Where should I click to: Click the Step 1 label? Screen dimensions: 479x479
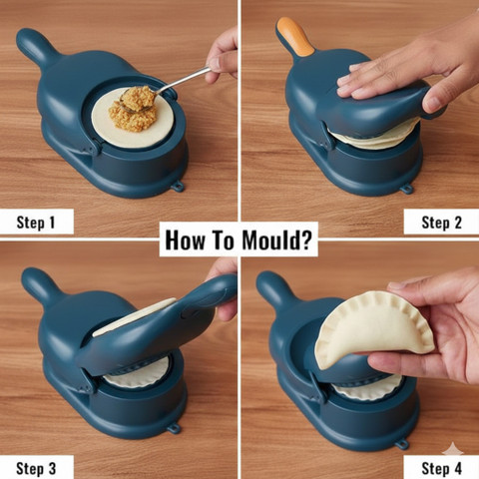point(36,223)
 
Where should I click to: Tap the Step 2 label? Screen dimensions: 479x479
point(442,223)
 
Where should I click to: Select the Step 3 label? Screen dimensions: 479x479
point(36,468)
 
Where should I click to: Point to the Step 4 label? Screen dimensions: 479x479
point(442,468)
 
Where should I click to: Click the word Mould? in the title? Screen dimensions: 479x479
point(276,239)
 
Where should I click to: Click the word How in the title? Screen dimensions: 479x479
point(185,240)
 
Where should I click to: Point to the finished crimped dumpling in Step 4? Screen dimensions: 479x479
point(374,329)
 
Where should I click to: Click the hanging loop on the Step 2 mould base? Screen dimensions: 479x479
point(406,189)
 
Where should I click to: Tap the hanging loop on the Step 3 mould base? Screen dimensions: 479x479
point(174,428)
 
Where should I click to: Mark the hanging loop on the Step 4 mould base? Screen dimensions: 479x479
point(401,444)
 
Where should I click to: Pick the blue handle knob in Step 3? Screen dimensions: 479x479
point(38,283)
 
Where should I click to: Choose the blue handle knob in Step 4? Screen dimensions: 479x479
point(273,286)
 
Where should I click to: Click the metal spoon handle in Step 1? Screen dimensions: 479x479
point(184,80)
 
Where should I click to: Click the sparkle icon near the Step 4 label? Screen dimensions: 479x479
point(453,449)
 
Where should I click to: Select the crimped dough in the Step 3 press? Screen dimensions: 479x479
point(137,373)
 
